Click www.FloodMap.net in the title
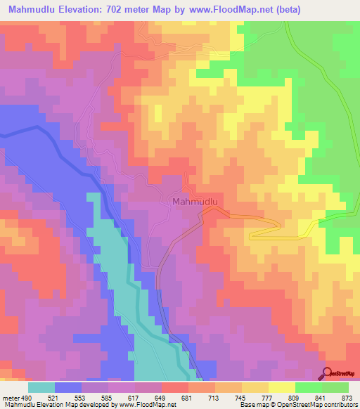[260, 8]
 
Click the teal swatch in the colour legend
[41, 387]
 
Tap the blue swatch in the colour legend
[68, 387]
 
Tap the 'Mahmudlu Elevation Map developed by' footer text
[48, 404]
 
